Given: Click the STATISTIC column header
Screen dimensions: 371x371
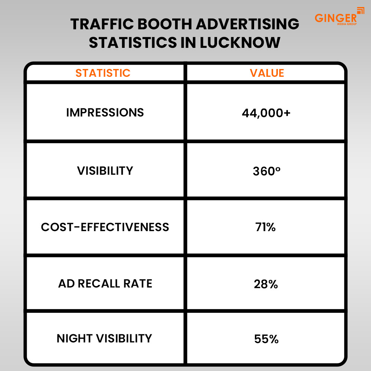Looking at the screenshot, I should [x=103, y=73].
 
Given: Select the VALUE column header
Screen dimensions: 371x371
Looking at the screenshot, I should [x=267, y=73].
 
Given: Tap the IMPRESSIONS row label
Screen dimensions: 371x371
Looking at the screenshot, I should [x=105, y=112].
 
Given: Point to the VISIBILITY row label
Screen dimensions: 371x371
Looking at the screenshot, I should [x=105, y=171].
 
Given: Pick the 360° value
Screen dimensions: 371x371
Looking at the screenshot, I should [x=266, y=171].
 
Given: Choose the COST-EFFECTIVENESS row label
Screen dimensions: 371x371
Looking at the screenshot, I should [x=105, y=227].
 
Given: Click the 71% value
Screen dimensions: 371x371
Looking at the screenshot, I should [x=266, y=227].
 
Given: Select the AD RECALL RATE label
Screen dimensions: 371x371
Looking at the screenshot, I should [x=105, y=284].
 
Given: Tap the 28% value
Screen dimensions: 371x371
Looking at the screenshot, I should [x=266, y=284].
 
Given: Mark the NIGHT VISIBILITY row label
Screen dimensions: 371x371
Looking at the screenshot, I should [x=104, y=338].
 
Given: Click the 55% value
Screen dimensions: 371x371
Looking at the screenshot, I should [x=266, y=339].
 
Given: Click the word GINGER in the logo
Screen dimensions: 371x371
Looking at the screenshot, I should [x=335, y=18].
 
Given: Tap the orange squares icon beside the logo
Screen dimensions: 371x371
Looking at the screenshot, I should [x=360, y=11].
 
